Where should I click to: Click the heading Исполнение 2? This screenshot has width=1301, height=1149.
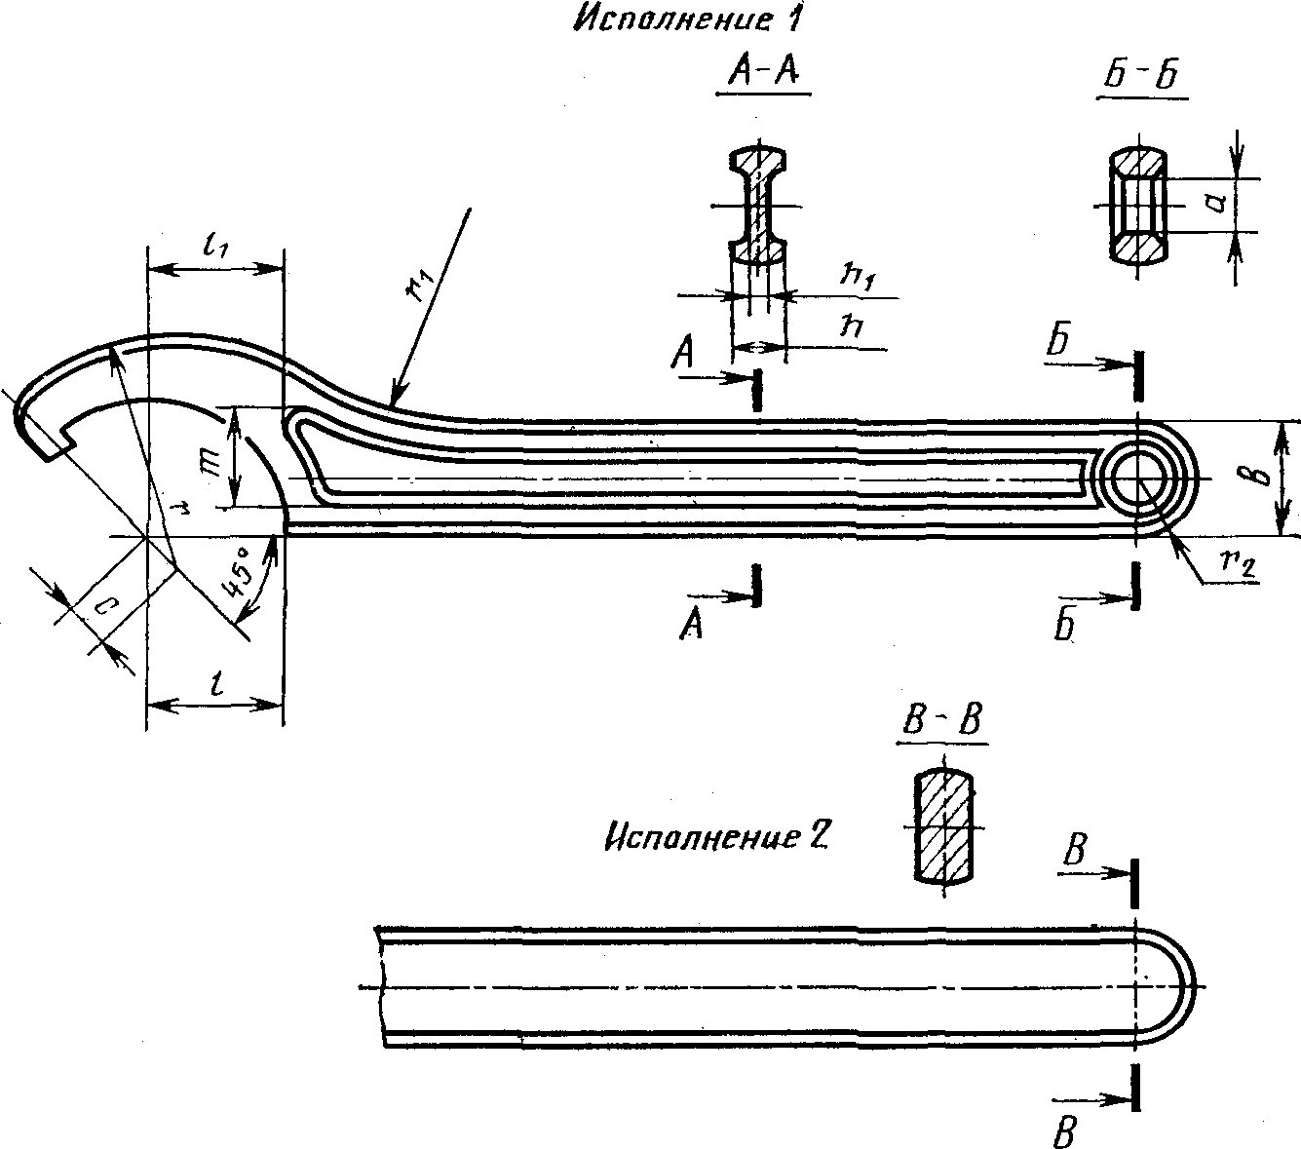(x=715, y=838)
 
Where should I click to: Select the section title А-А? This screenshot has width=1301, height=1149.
(x=763, y=72)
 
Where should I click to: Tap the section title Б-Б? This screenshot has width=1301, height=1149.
(x=1142, y=76)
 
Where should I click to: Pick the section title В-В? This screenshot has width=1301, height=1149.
(x=942, y=720)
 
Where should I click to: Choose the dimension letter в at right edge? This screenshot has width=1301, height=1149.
(x=1260, y=477)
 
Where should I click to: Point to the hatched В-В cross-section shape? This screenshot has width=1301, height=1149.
(x=943, y=826)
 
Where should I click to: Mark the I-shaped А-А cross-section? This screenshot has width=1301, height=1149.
(x=758, y=205)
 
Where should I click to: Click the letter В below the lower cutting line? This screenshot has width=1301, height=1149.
(x=1064, y=1132)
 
